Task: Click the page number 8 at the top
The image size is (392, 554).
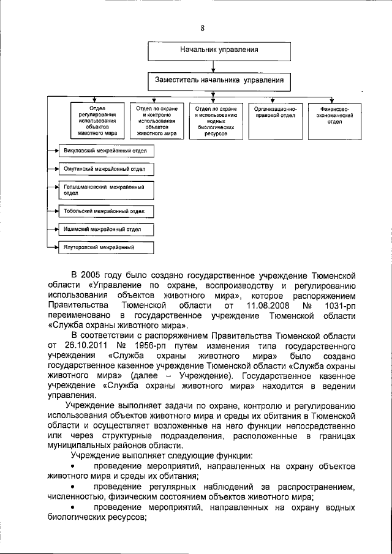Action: click(202, 28)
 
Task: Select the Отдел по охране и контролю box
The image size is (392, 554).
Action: click(156, 120)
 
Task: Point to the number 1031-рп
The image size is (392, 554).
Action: click(338, 304)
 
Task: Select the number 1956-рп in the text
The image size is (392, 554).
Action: click(137, 345)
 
